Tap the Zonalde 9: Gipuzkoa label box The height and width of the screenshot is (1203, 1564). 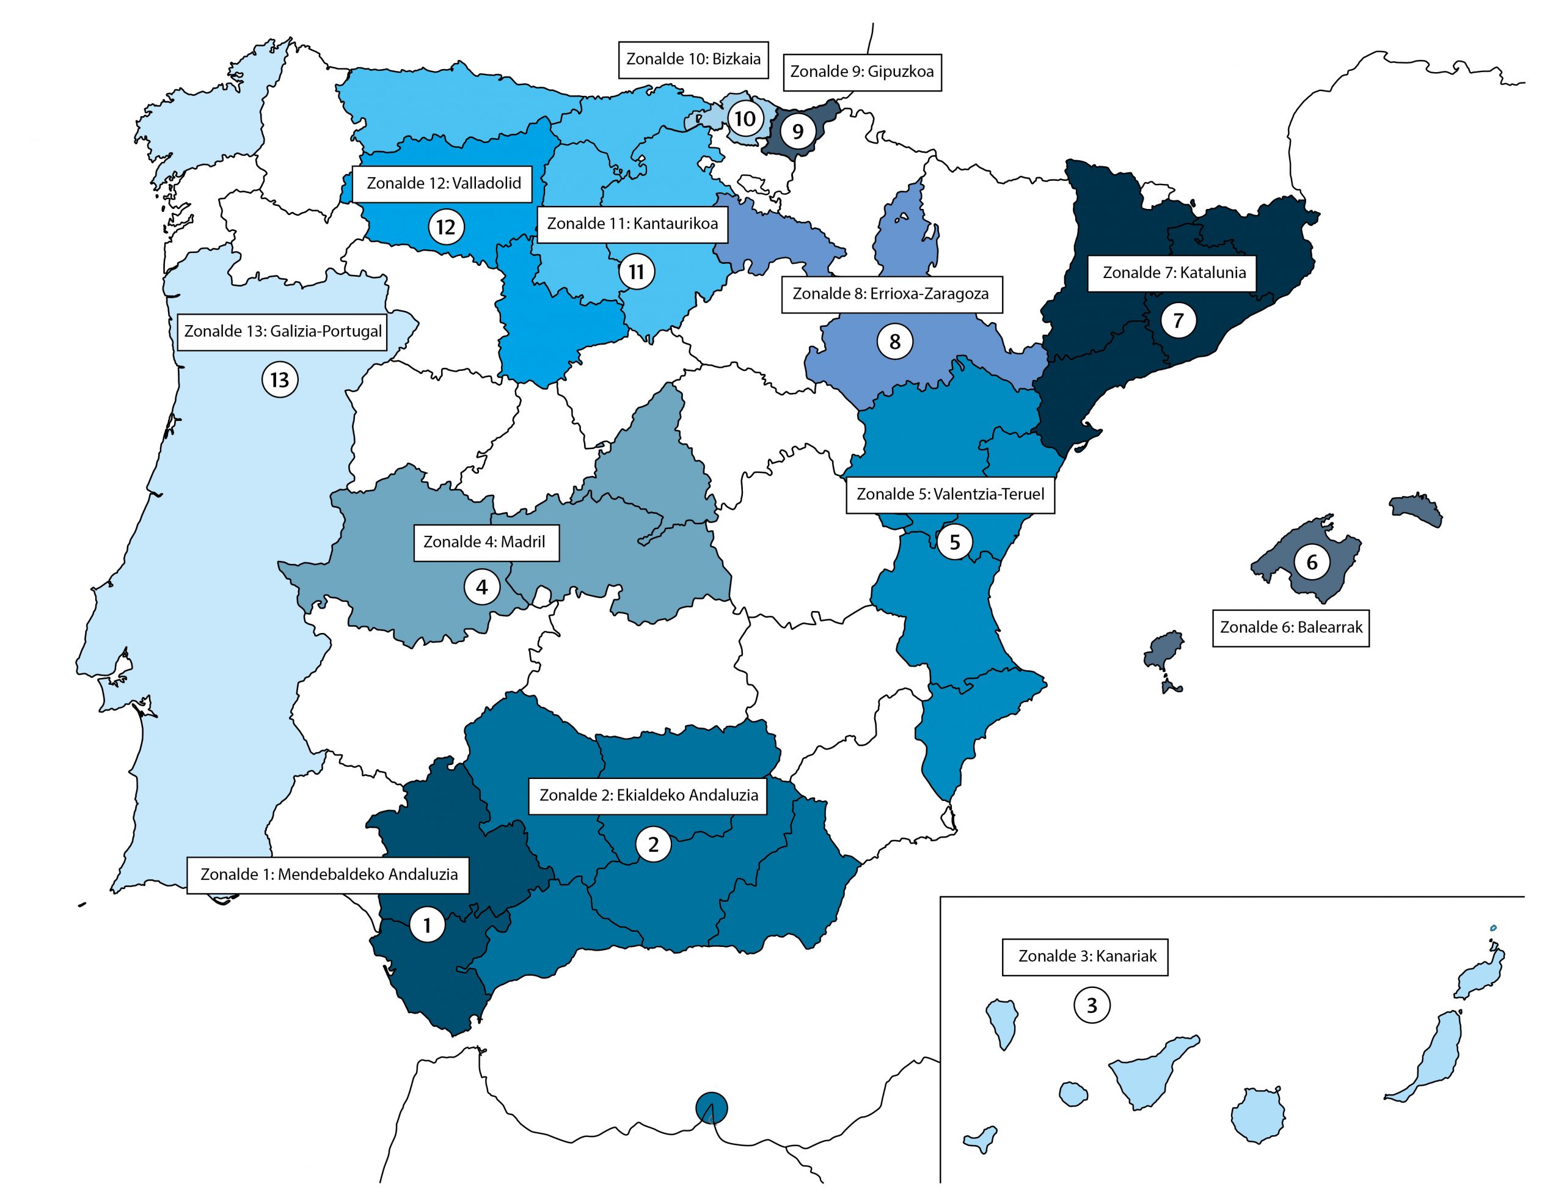click(861, 71)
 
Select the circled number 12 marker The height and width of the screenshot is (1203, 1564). click(445, 227)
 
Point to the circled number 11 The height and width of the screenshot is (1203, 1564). click(636, 272)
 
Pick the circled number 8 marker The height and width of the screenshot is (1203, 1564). click(894, 342)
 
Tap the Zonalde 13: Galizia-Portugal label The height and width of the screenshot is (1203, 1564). click(283, 332)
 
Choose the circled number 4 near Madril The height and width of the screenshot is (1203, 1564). click(482, 587)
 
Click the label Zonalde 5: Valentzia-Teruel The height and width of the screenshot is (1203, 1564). click(949, 494)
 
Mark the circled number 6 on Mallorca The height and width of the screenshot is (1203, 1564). click(1312, 562)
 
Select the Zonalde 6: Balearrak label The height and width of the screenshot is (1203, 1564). click(1290, 627)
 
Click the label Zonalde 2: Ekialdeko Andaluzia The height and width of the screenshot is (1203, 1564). click(648, 795)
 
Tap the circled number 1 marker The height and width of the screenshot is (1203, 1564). click(428, 925)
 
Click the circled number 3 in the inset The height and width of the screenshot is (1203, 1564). click(1091, 1006)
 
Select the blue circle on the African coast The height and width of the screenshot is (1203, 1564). click(711, 1108)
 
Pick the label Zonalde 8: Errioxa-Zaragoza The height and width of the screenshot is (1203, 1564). click(890, 294)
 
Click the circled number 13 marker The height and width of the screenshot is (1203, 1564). click(279, 379)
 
